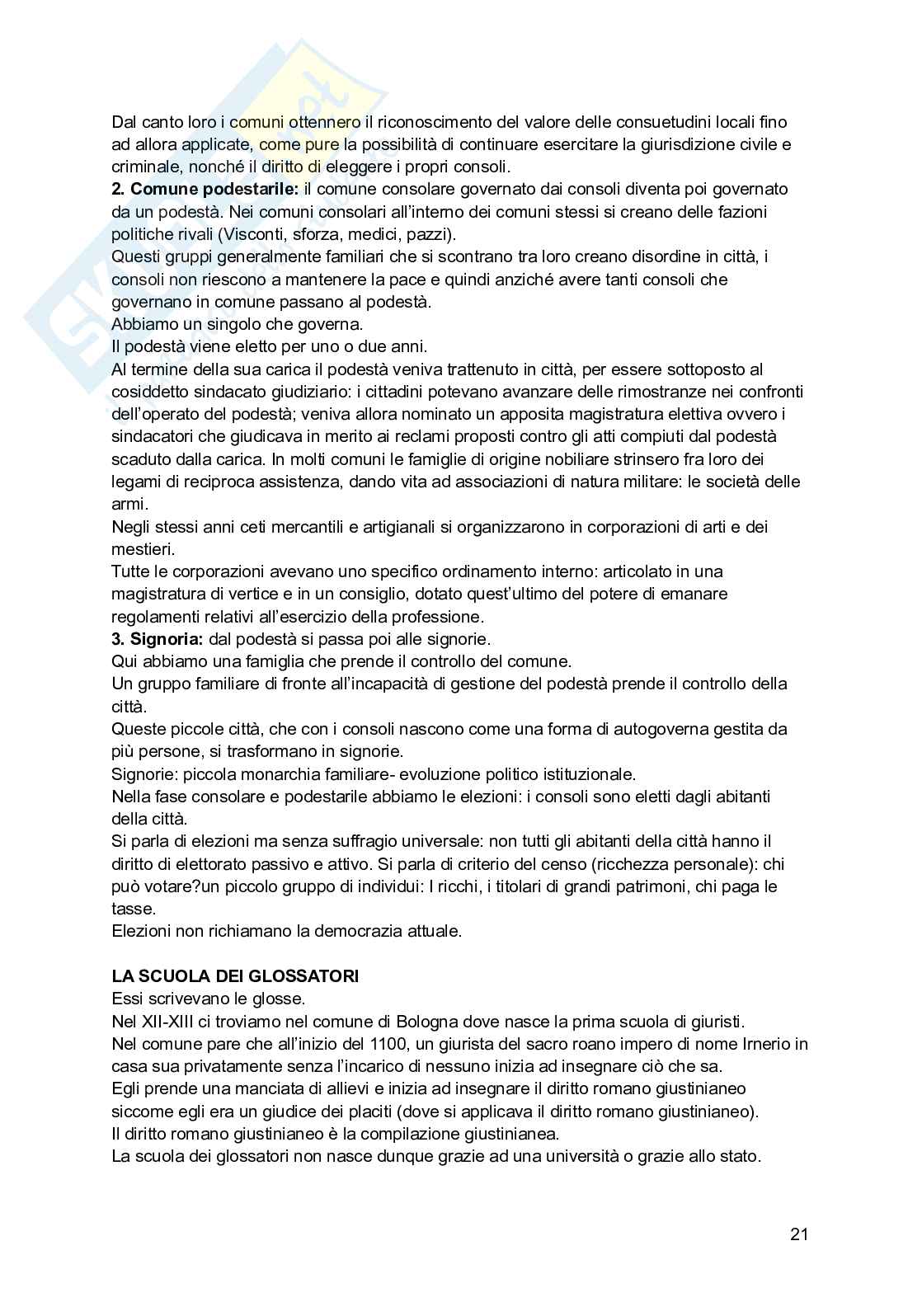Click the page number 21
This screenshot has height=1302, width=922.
point(798,1234)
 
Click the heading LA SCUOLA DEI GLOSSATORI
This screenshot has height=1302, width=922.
point(235,976)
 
